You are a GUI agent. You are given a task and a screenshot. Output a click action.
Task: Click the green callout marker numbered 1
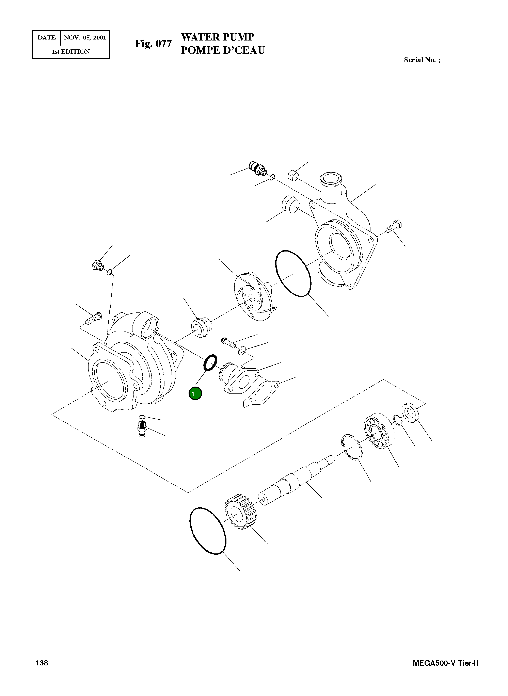195,394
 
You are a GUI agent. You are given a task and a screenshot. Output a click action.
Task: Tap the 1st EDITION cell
71,52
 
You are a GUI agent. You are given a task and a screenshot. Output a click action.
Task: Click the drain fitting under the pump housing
142,428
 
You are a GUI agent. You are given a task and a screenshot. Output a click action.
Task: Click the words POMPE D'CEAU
223,50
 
